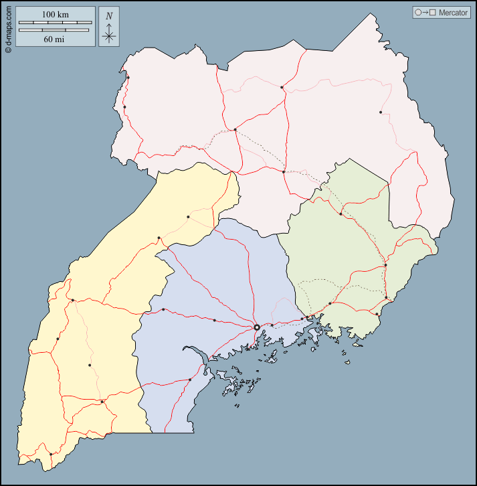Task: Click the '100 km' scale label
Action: coord(56,15)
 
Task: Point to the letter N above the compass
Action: coord(109,16)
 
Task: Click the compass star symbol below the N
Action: coord(109,35)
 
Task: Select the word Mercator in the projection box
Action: coord(453,13)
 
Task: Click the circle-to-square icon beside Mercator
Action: coord(425,13)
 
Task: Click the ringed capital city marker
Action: coord(257,327)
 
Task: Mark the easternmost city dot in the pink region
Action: coord(381,112)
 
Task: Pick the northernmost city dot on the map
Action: coord(128,78)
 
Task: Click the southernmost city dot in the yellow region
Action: coord(51,455)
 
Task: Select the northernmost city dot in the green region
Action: coord(341,214)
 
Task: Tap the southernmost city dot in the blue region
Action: coord(190,380)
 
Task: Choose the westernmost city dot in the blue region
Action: coord(163,309)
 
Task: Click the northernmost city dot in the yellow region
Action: coord(188,217)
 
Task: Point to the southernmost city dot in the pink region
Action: coord(284,172)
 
